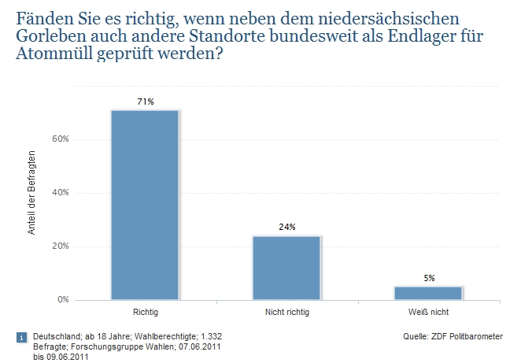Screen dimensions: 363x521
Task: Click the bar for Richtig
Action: point(145,205)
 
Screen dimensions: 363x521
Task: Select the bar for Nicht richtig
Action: point(286,268)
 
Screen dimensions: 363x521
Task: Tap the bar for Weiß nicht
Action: point(428,293)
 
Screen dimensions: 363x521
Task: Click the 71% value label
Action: point(145,102)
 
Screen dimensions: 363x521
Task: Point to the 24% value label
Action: point(286,227)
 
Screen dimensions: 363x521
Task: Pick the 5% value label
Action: point(428,278)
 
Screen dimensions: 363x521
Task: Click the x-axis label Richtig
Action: point(145,313)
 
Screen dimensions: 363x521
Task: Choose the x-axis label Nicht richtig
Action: point(286,313)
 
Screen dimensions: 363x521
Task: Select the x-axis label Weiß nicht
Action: point(428,313)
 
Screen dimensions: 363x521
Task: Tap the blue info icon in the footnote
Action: point(20,338)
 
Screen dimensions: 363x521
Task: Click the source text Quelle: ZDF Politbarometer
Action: point(451,336)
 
